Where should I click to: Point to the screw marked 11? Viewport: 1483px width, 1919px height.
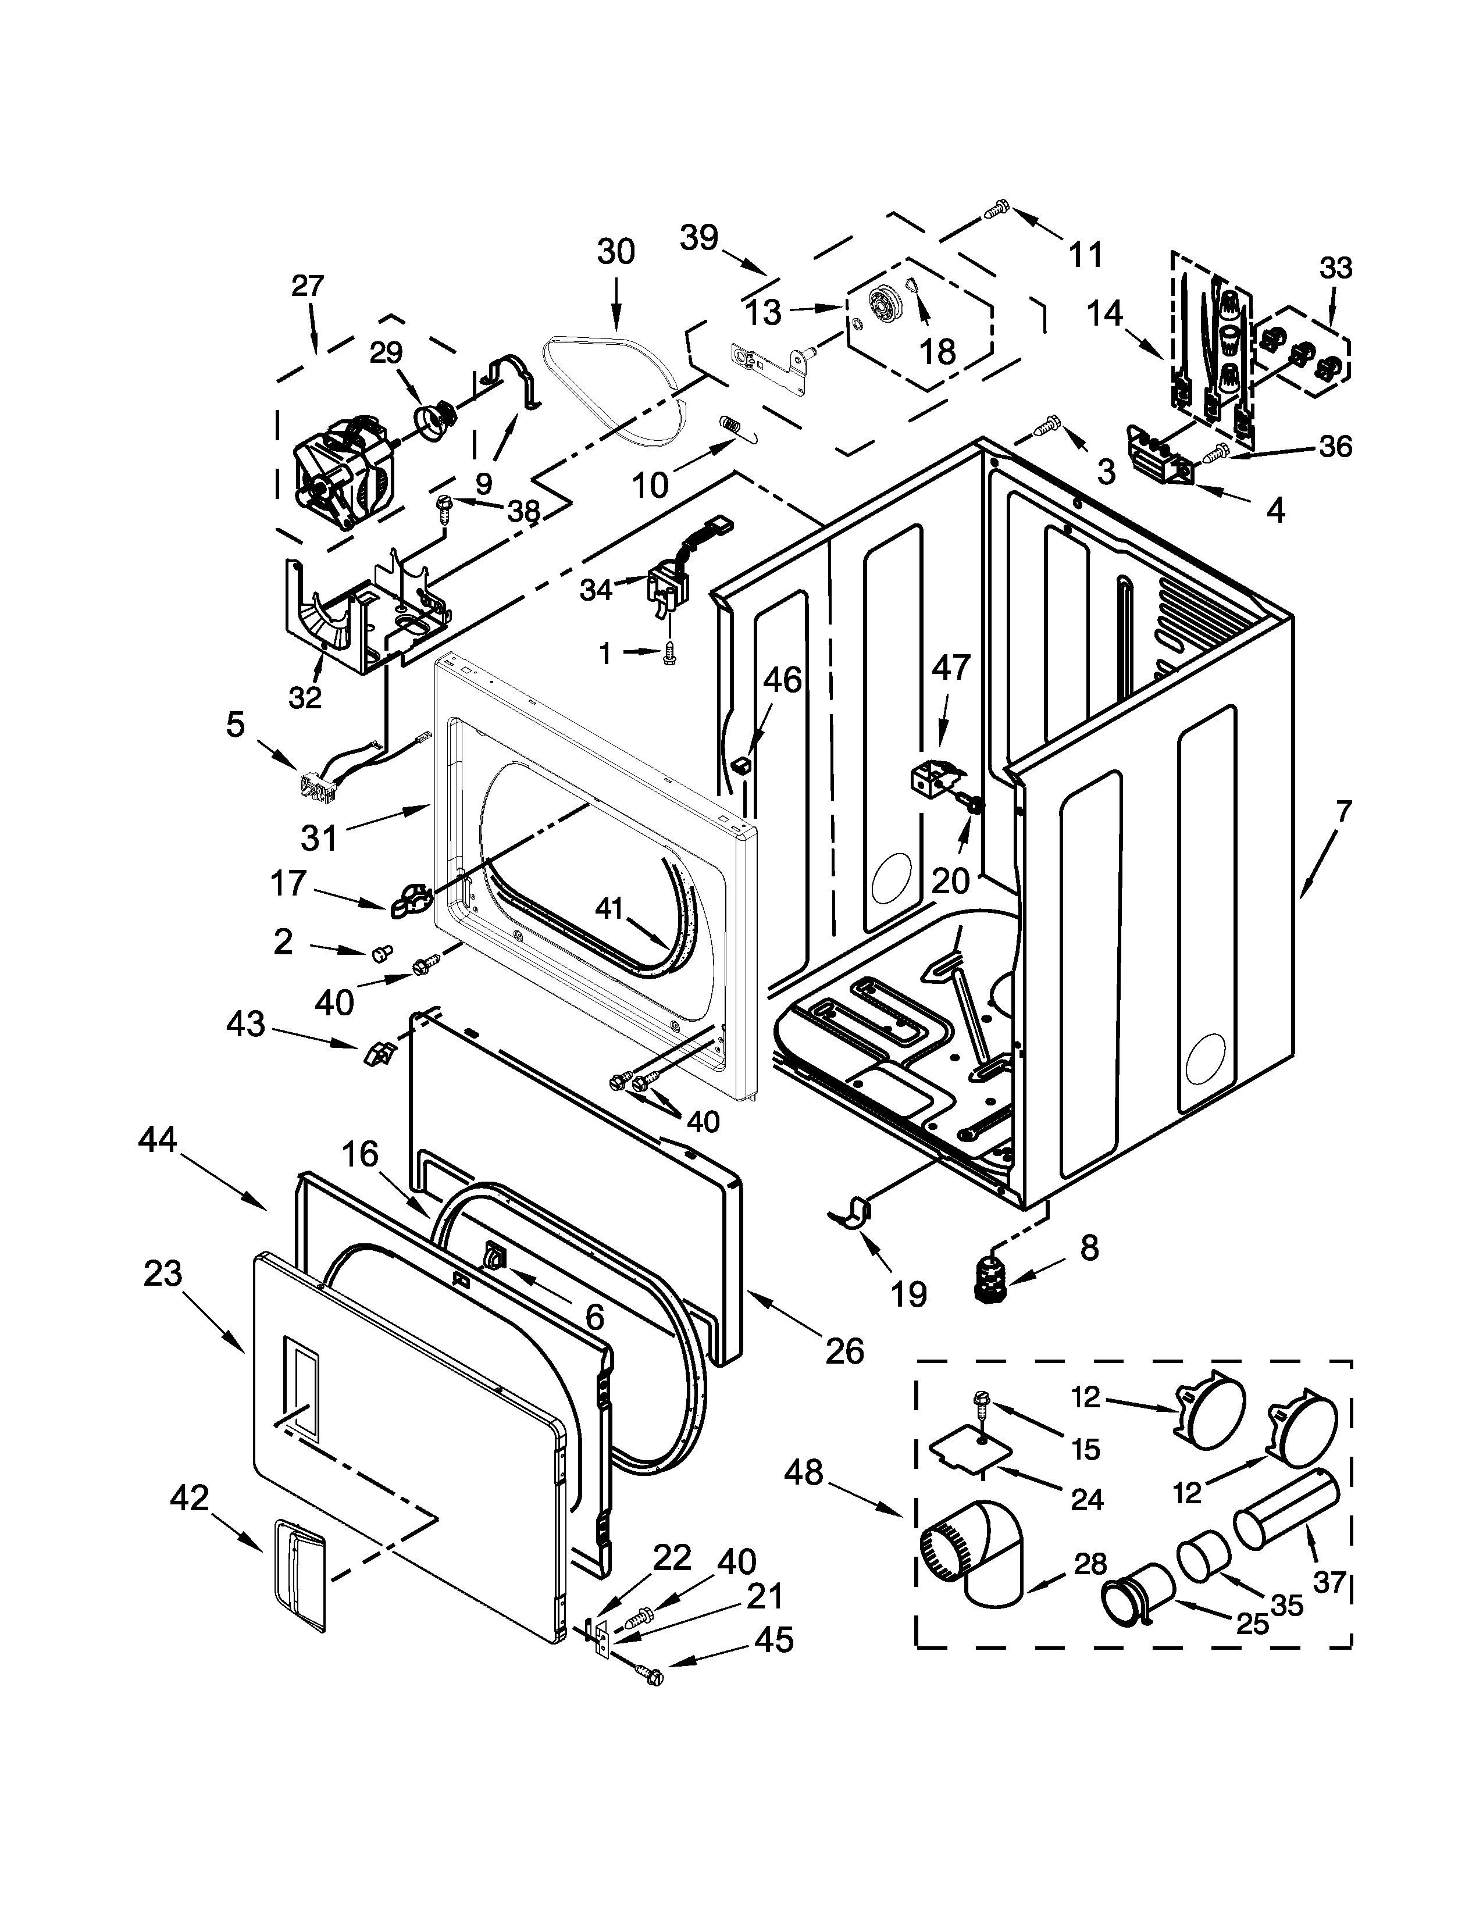click(x=996, y=209)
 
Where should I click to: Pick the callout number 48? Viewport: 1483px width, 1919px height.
click(x=803, y=1472)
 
